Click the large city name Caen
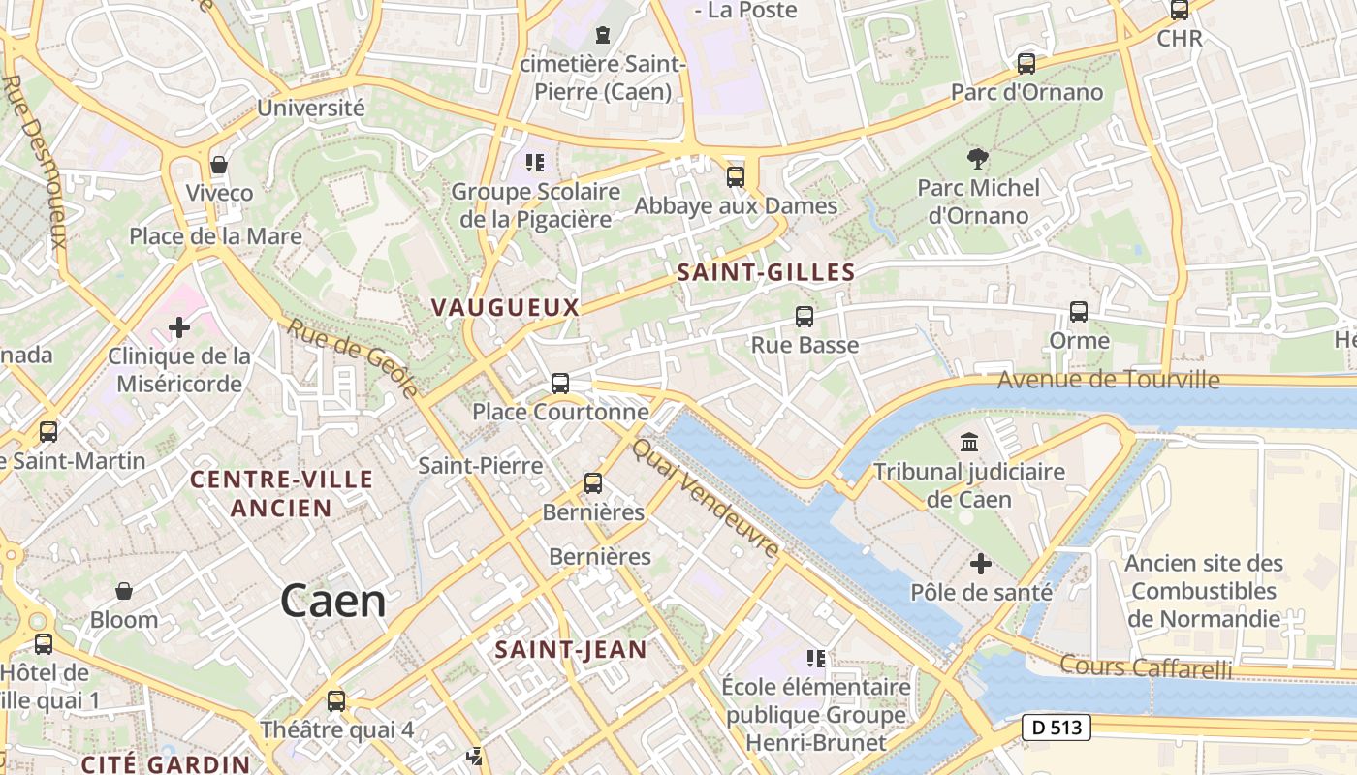(332, 602)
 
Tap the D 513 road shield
(1057, 728)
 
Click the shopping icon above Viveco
(219, 165)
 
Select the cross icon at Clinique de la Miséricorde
(179, 327)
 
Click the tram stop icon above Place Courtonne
(560, 383)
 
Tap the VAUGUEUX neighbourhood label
(504, 308)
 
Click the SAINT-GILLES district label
(766, 273)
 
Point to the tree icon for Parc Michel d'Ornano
(978, 158)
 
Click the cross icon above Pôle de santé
(981, 563)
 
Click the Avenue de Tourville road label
(1108, 380)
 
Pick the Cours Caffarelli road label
(1145, 667)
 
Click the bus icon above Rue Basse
(804, 316)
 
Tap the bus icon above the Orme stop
(1078, 312)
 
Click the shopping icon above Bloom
(124, 591)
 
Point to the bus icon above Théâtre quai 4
(336, 700)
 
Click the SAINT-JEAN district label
(570, 650)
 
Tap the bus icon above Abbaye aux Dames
(736, 177)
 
